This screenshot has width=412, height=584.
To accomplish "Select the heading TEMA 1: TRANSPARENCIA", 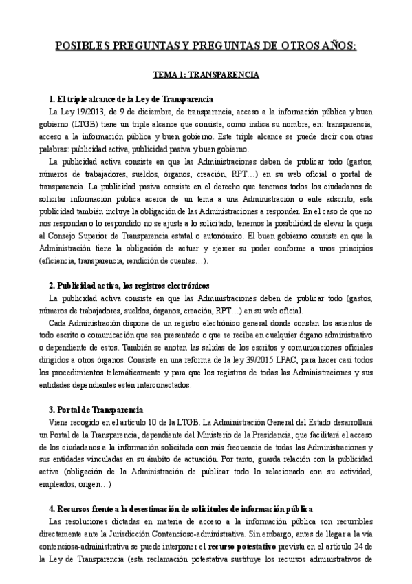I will (206, 73).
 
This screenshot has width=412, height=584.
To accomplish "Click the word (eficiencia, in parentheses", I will (63, 262).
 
